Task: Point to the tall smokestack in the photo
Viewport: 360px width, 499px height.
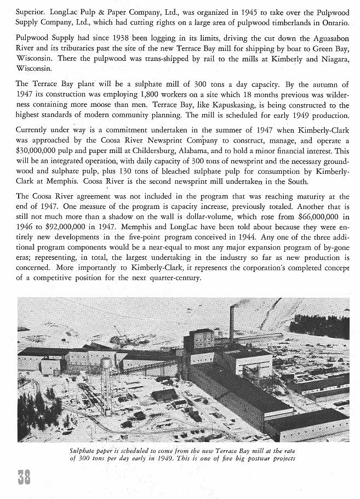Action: pos(232,325)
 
